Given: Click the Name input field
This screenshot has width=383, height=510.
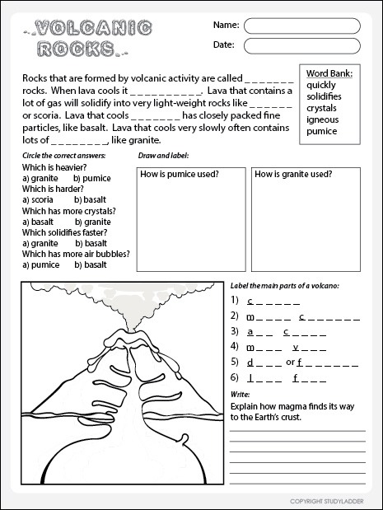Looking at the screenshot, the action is pyautogui.click(x=301, y=25).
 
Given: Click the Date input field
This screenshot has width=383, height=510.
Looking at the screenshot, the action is pyautogui.click(x=301, y=45).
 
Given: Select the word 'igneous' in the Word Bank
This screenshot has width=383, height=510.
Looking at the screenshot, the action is pyautogui.click(x=324, y=119).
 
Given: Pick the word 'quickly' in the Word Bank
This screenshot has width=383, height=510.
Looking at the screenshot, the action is pyautogui.click(x=323, y=84).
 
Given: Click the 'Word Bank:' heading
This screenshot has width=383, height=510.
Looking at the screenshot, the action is pyautogui.click(x=329, y=73).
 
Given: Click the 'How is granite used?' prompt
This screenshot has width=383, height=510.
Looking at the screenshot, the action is pyautogui.click(x=293, y=175).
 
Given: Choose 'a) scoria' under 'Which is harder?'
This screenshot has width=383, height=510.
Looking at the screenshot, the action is pyautogui.click(x=38, y=200).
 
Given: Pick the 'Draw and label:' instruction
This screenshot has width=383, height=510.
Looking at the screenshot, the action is pyautogui.click(x=164, y=155).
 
